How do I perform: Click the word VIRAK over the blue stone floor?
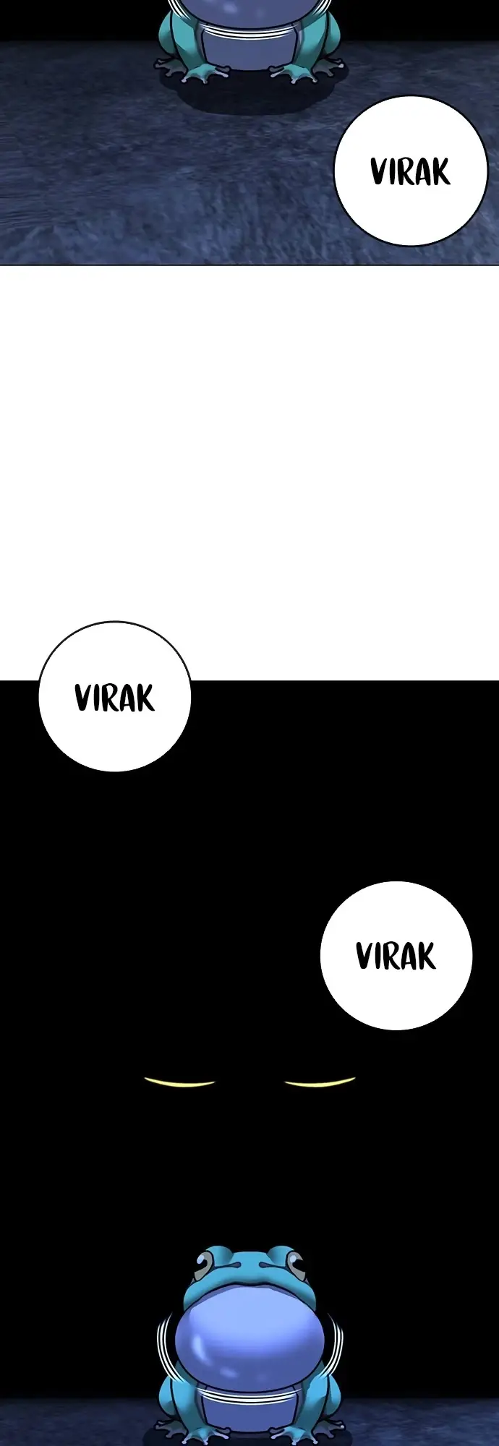411,172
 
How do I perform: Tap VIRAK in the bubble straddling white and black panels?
114,698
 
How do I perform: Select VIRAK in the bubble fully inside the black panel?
396,956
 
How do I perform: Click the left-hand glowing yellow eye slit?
180,1082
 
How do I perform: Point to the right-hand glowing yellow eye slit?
320,1082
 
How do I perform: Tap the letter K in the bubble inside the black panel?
427,957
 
